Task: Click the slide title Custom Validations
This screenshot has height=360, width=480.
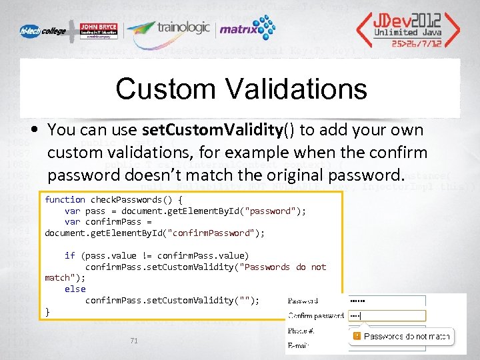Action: [x=241, y=89]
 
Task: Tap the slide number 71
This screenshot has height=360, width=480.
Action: [x=134, y=341]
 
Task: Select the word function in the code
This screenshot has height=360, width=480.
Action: [x=65, y=199]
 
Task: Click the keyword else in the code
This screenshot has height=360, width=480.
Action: [x=75, y=289]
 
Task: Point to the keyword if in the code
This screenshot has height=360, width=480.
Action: [x=69, y=255]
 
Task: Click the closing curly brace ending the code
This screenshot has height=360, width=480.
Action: [x=47, y=311]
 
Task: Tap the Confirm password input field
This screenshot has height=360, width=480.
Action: [x=387, y=315]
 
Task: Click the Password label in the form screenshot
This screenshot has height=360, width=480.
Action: [x=303, y=301]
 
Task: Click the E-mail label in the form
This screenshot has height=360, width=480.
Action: [x=299, y=345]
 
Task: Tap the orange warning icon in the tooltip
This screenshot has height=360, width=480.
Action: [x=357, y=337]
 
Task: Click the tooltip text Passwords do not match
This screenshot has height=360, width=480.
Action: [x=407, y=337]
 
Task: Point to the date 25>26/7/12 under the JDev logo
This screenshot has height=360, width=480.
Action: [x=415, y=43]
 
